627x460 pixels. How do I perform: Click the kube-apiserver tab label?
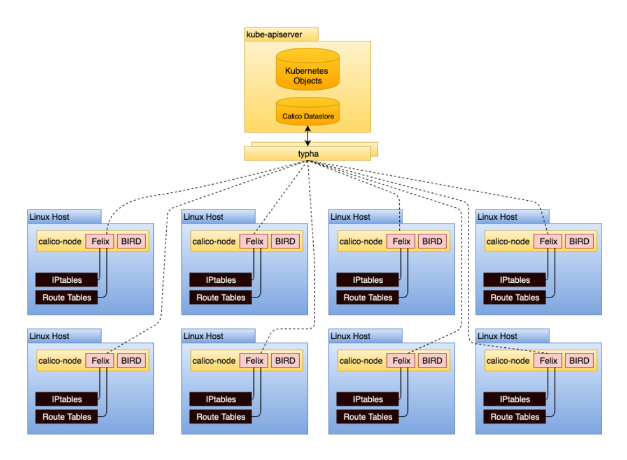[274, 34]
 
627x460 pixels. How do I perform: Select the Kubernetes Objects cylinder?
[307, 76]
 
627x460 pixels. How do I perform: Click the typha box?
[307, 154]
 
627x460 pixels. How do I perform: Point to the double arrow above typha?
[308, 135]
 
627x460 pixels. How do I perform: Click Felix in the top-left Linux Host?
[100, 241]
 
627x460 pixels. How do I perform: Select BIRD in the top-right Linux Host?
[579, 241]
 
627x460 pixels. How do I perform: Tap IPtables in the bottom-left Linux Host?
[67, 399]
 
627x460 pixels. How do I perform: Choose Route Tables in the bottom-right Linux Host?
[514, 417]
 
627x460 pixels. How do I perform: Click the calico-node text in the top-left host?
[60, 241]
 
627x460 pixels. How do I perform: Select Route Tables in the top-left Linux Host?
[67, 298]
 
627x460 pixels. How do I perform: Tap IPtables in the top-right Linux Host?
[514, 280]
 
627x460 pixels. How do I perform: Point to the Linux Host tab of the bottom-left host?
[50, 336]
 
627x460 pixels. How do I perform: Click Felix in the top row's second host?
[254, 241]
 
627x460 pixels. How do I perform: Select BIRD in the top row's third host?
[432, 241]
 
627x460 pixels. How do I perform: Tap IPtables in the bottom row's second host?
[221, 399]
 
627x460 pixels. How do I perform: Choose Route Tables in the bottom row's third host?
[368, 417]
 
